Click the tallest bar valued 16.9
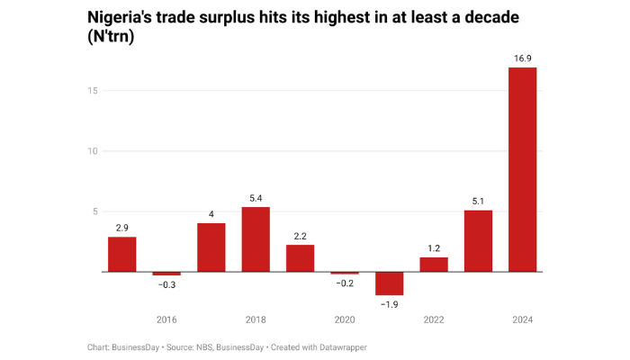522,169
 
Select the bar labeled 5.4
256,239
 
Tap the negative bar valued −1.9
389,283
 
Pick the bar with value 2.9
121,254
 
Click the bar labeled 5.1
478,240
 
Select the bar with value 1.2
433,264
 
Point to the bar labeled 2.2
300,257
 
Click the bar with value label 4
211,247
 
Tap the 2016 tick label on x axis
166,319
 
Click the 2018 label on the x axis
256,319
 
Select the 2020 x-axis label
345,319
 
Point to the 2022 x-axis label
433,319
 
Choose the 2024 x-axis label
522,319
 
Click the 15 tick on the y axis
92,90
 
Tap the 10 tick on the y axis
92,150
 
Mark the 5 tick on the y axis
94,211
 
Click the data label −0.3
166,285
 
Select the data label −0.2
345,283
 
